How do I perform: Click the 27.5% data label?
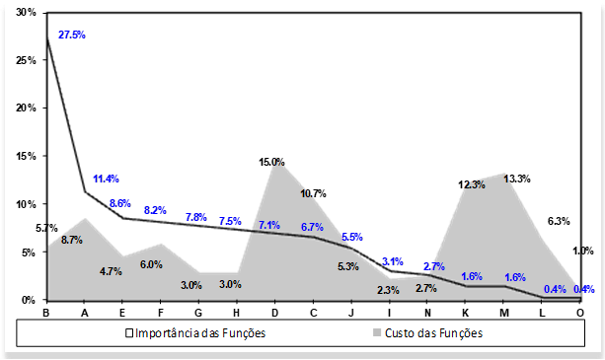pos(72,35)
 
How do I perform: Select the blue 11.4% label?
pos(106,179)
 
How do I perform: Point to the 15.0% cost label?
pos(272,162)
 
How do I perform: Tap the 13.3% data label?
pos(516,179)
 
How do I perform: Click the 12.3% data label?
pos(472,184)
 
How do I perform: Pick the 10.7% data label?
pos(313,193)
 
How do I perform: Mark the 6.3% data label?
pos(559,221)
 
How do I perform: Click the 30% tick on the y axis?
pos(27,13)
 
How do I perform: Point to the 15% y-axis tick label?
pos(27,156)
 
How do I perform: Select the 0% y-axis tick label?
pos(30,300)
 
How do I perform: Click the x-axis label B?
pos(46,313)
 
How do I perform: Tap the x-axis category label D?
pos(274,313)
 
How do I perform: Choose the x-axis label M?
pos(503,313)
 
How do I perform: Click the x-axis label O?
pos(579,313)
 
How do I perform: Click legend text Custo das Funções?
pos(434,333)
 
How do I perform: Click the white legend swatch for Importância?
pos(129,333)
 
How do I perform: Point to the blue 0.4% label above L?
pos(554,289)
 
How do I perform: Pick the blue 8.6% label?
pos(119,203)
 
